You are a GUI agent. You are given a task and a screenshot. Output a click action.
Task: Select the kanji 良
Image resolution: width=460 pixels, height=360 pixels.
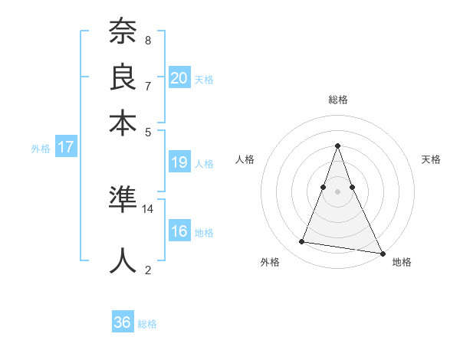click(123, 78)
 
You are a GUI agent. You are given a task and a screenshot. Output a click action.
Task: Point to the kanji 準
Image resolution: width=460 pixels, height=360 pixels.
click(123, 201)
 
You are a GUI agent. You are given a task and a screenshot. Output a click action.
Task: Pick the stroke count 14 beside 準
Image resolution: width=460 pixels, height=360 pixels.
click(148, 208)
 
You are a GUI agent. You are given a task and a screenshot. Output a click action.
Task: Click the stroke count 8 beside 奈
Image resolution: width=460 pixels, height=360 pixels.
click(148, 41)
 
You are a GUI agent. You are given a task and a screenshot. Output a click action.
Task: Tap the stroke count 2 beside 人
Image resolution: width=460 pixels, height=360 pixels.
click(148, 270)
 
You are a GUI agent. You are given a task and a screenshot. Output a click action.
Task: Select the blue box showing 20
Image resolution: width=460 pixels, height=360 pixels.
click(179, 77)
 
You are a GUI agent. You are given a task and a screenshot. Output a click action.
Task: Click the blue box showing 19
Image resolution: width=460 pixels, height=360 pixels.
click(179, 162)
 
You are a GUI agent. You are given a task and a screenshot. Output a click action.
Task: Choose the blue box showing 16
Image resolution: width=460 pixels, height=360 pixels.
click(179, 232)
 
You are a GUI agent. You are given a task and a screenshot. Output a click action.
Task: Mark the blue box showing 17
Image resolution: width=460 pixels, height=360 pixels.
click(66, 148)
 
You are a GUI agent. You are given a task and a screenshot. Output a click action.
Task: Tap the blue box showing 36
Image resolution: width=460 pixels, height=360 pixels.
click(123, 322)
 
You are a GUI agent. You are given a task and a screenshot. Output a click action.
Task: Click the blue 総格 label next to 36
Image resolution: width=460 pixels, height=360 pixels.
click(147, 324)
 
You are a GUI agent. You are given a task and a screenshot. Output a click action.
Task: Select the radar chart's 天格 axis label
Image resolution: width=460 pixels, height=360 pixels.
click(431, 159)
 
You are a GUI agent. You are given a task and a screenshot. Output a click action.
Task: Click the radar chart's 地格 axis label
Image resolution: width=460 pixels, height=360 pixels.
click(402, 262)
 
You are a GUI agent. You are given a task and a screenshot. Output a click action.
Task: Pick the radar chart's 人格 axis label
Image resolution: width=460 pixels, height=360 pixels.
click(245, 159)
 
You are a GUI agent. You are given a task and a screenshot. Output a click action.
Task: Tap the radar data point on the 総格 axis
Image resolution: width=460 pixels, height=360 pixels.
click(338, 146)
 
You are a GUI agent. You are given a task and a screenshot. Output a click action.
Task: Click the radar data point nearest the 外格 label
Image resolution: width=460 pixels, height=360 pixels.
click(302, 242)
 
